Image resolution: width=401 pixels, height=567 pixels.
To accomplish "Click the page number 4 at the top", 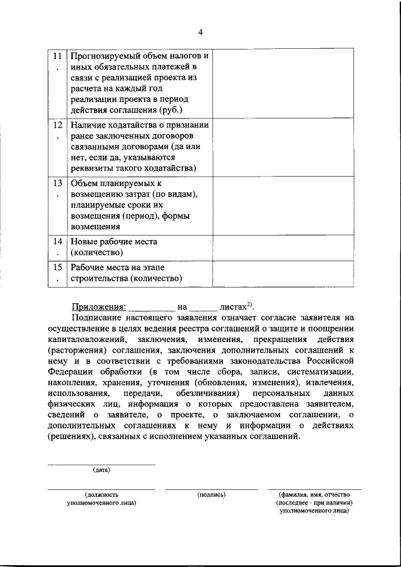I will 200,33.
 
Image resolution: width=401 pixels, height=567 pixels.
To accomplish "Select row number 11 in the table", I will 58,55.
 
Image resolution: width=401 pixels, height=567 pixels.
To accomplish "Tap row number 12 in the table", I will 58,125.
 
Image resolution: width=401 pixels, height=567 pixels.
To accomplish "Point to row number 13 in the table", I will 58,184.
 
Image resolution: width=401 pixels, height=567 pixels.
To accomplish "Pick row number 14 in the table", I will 58,241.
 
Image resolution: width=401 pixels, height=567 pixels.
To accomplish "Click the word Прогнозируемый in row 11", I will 104,55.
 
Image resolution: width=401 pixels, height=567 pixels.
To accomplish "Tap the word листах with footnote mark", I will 233,307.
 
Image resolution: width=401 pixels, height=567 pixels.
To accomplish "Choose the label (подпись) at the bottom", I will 211,494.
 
